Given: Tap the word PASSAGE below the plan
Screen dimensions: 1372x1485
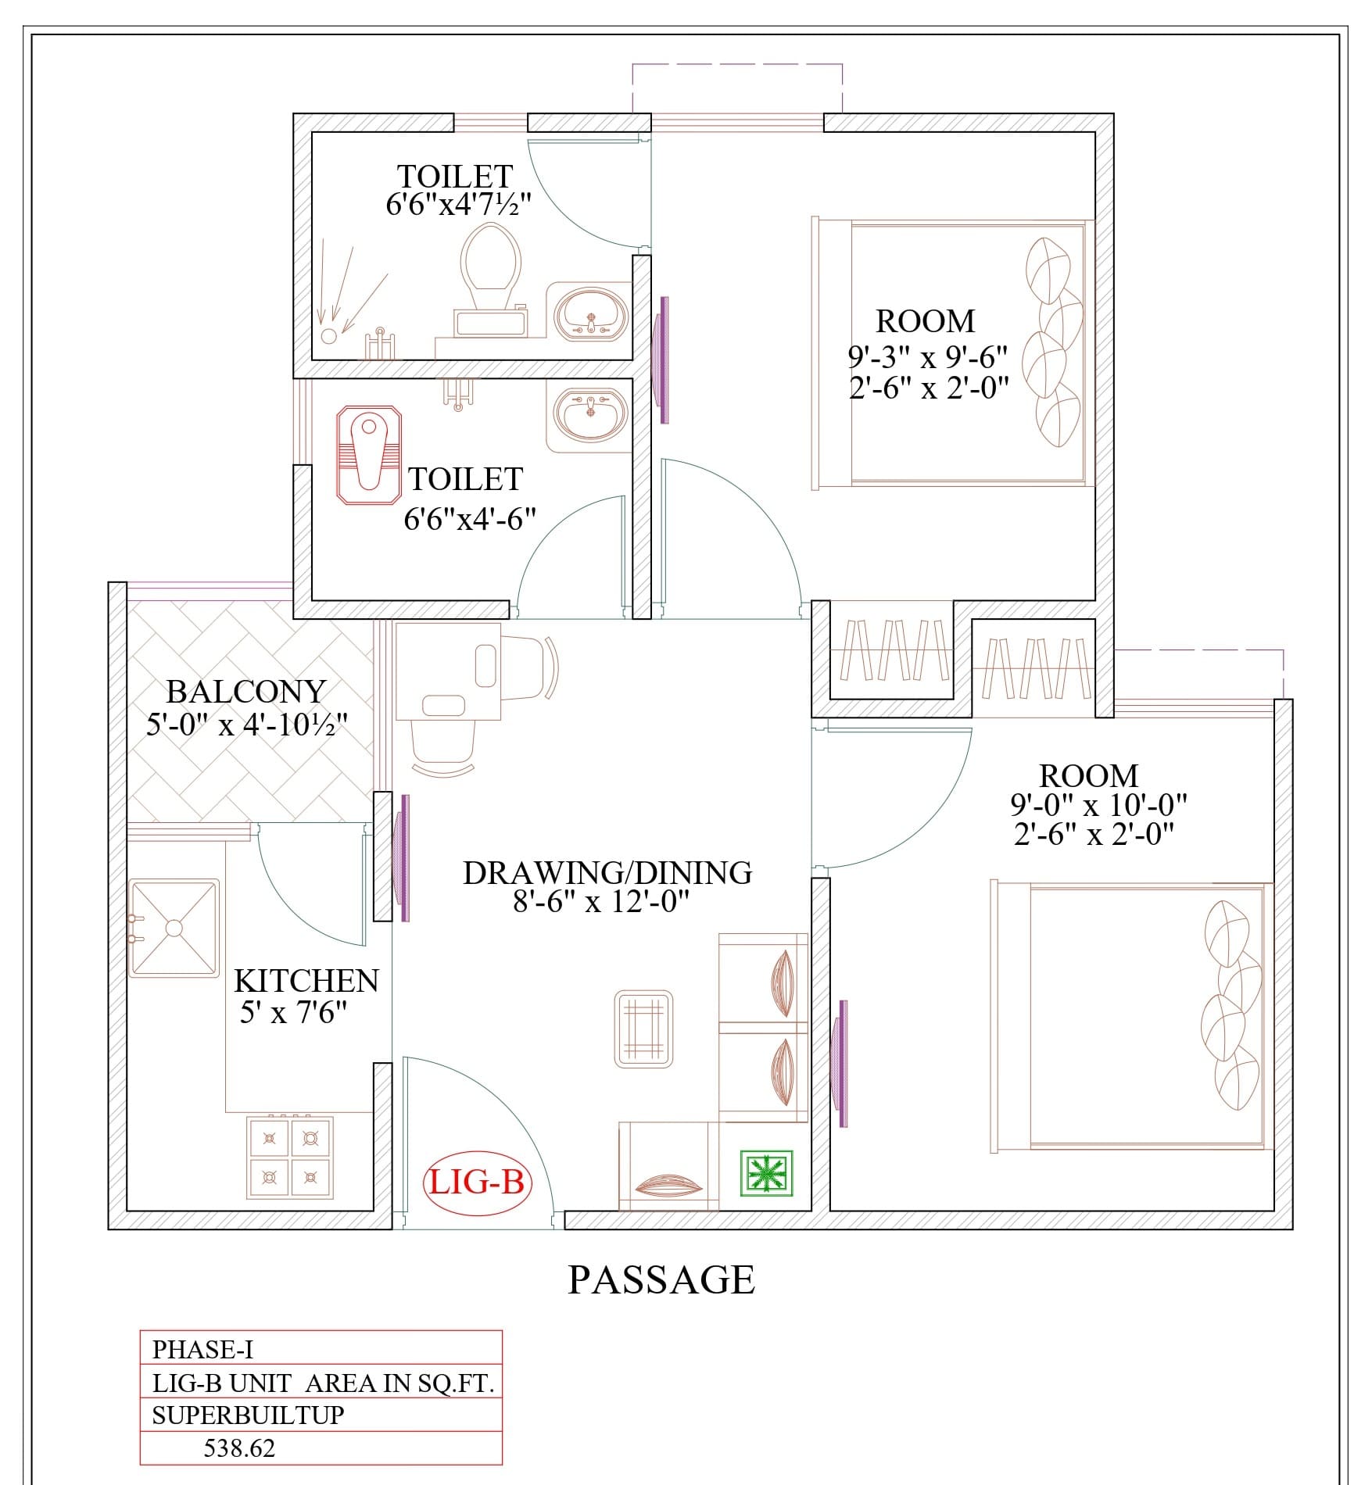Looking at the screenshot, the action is [661, 1280].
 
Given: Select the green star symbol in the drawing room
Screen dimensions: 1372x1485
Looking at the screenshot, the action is [766, 1173].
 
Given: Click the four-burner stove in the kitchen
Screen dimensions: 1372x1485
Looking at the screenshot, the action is [290, 1158].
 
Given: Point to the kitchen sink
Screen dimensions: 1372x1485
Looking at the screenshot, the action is [174, 928].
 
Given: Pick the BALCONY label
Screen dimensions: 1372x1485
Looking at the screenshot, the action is [246, 692].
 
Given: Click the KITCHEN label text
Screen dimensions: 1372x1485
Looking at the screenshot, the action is [306, 981].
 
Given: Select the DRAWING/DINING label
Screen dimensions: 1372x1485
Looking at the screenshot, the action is [607, 873].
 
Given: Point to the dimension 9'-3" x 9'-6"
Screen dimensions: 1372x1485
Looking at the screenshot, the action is [928, 358].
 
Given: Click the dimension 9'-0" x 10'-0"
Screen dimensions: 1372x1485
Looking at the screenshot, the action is [1099, 804].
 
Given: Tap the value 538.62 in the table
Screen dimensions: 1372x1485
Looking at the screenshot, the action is [239, 1448].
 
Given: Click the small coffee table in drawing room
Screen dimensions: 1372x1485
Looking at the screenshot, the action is [643, 1029].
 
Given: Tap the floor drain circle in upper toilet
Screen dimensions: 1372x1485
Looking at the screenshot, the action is [329, 336].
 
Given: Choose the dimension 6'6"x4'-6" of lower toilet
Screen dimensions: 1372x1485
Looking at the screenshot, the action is [470, 519].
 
